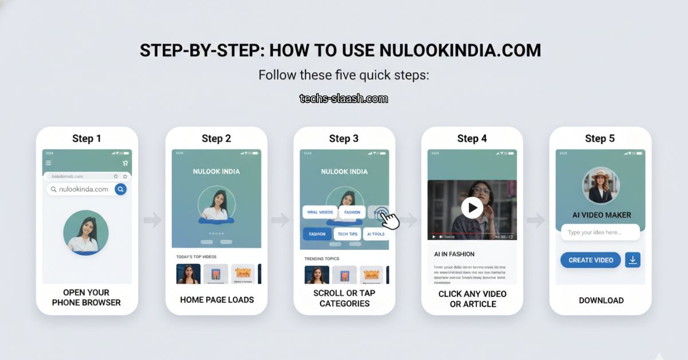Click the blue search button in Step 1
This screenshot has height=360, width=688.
[120, 189]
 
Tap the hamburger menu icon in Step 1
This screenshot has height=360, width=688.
[48, 163]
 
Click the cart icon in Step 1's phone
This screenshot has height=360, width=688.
[125, 163]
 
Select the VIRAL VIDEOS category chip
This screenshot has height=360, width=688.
[319, 212]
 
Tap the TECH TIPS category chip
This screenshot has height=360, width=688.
[347, 234]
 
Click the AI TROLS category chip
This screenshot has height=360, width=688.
[376, 234]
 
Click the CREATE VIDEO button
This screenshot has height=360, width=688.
[591, 260]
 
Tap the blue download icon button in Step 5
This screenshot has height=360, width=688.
[632, 260]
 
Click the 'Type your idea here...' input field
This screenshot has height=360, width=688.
[600, 232]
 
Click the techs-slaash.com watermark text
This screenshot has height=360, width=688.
[343, 99]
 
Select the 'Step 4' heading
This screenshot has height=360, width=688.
[472, 138]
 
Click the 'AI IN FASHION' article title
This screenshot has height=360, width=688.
[455, 254]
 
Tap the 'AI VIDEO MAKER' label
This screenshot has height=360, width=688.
[601, 215]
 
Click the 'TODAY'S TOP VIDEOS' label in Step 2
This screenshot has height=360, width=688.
[196, 256]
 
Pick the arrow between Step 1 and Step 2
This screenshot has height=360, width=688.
[153, 220]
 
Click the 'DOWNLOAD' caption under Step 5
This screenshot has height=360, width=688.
[601, 300]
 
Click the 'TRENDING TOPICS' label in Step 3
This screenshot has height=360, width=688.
[321, 259]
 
